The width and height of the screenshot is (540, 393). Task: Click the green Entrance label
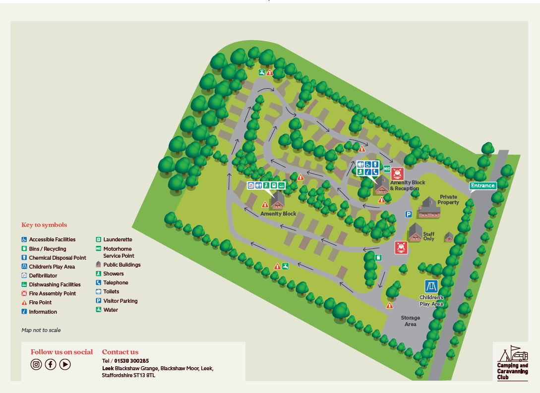(483, 186)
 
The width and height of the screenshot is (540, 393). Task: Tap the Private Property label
(448, 200)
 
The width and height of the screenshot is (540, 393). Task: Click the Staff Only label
(428, 236)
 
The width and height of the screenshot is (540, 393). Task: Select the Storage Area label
(410, 321)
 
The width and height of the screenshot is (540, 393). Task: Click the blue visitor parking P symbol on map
(409, 214)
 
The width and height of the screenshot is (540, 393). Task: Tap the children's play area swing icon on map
(431, 286)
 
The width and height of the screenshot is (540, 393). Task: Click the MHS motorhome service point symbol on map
(387, 168)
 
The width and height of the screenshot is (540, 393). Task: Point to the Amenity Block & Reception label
(408, 185)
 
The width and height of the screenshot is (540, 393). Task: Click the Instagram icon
(36, 364)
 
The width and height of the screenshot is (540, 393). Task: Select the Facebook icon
(51, 364)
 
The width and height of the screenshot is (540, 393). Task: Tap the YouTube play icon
(65, 364)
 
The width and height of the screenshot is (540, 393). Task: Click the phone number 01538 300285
(131, 361)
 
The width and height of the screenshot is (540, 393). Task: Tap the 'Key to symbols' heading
(44, 225)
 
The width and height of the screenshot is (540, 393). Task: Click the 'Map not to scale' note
(41, 330)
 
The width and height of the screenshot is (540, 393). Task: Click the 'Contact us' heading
(120, 352)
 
